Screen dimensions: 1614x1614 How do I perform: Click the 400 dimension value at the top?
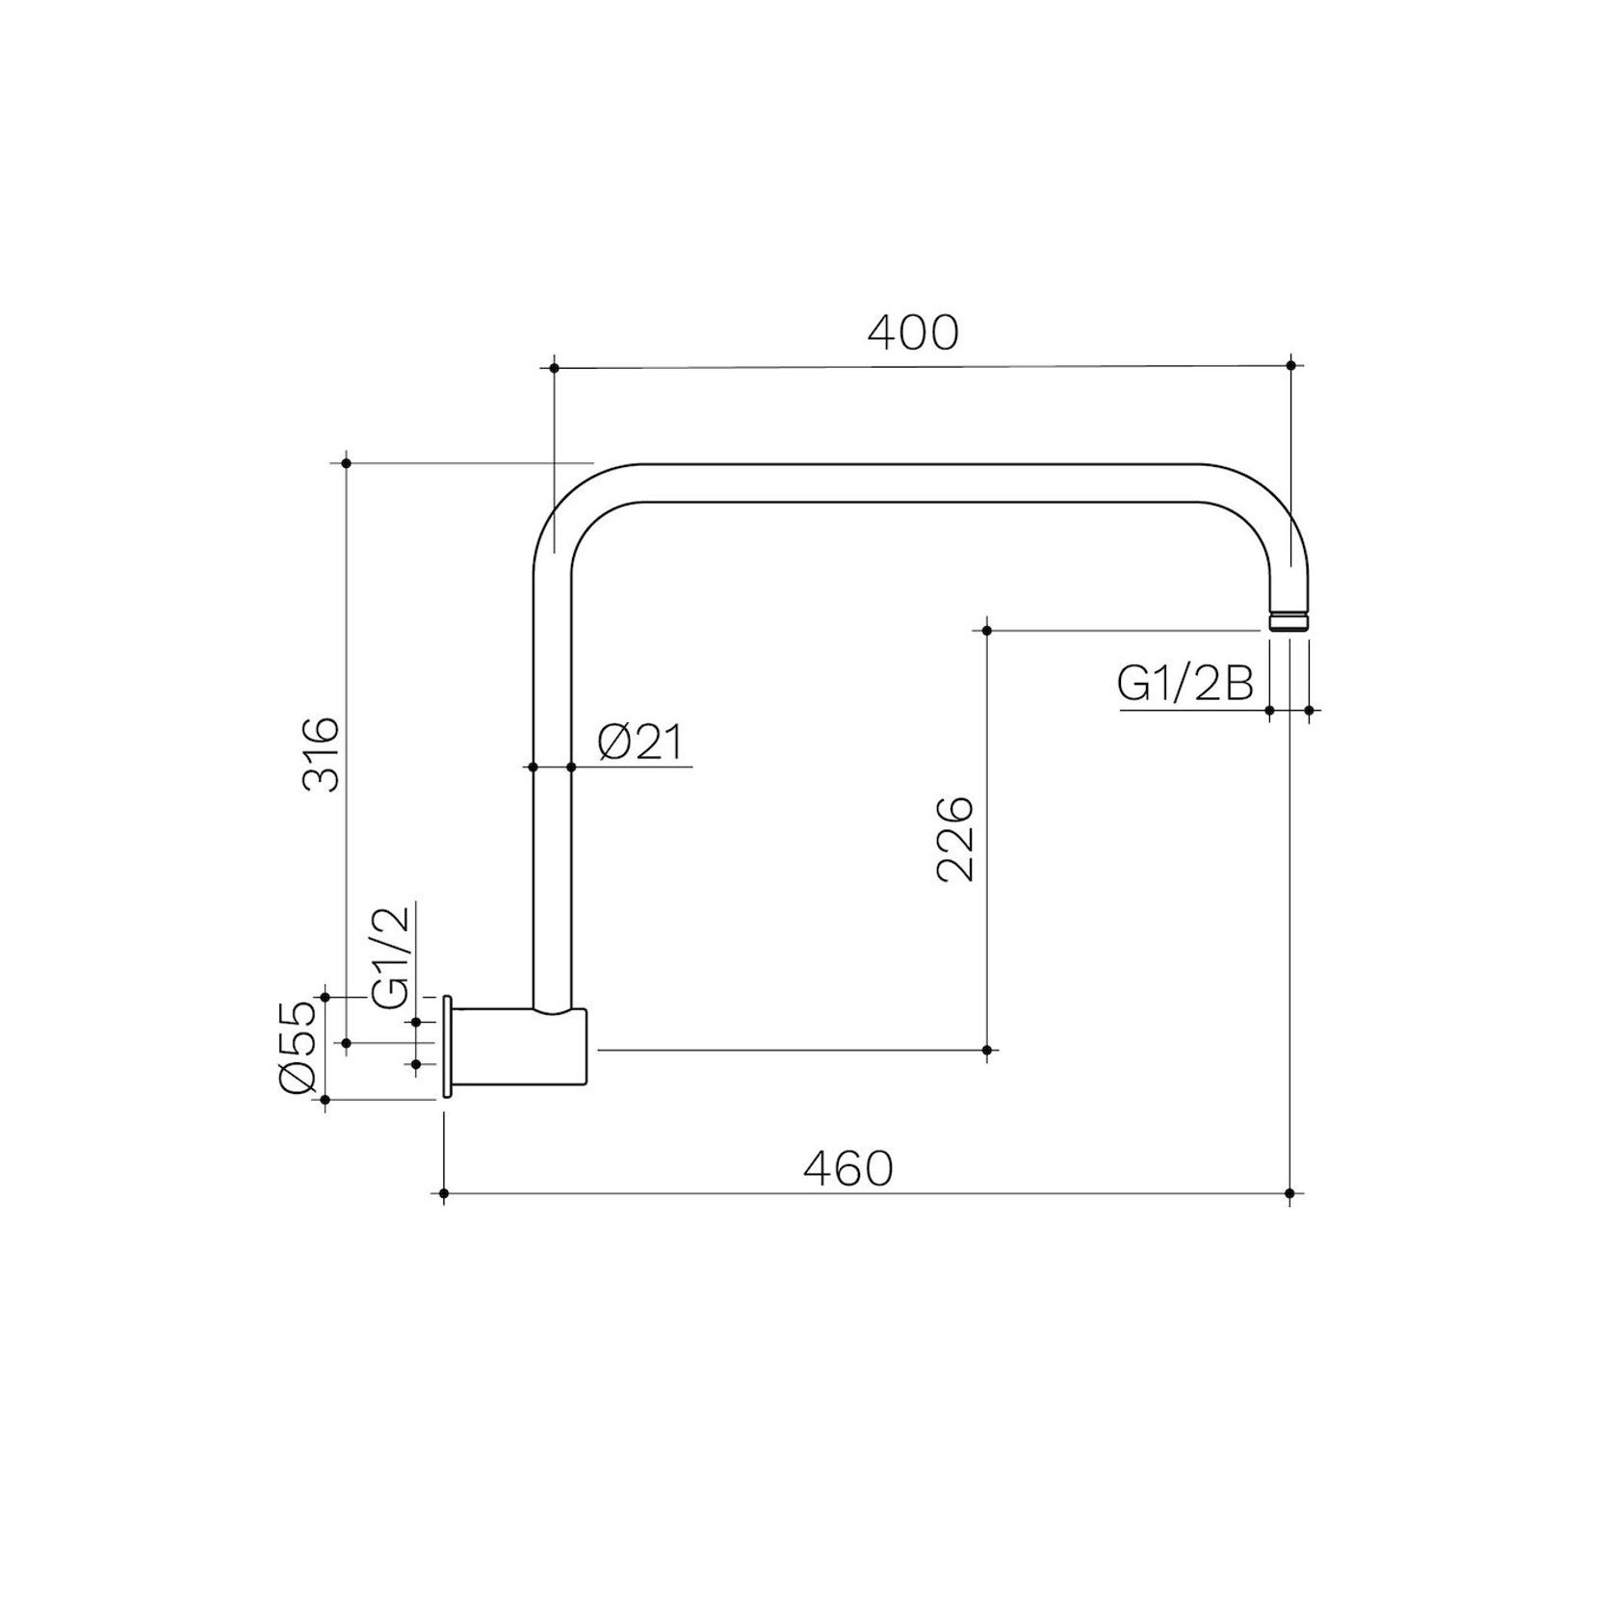click(x=913, y=332)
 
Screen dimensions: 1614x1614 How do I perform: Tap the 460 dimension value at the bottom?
click(x=848, y=1169)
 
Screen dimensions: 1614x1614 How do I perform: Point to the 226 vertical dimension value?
click(x=955, y=839)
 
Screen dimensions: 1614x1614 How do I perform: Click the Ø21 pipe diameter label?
click(x=640, y=742)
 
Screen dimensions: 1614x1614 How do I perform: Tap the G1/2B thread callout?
click(x=1185, y=685)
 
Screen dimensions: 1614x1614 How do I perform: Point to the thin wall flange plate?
click(x=447, y=1047)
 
